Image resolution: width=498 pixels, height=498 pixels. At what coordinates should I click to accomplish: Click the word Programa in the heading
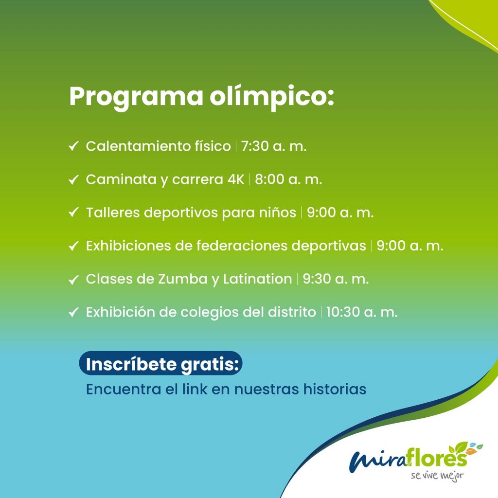tap(136, 97)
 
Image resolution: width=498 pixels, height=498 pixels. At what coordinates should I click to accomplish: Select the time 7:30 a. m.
tap(274, 146)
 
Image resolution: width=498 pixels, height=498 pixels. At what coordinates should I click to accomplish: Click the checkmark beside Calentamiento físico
tap(73, 146)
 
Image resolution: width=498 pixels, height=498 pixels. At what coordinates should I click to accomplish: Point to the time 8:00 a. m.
tap(288, 179)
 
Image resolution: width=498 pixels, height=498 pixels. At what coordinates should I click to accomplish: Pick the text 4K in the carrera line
tap(236, 179)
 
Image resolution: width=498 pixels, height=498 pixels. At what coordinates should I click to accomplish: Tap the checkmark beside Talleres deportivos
tap(73, 213)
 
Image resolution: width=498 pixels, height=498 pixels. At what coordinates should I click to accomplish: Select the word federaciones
tap(242, 246)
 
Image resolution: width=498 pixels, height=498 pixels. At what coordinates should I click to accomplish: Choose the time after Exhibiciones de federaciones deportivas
tap(409, 246)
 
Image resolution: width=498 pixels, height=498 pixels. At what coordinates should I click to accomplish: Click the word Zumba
tap(183, 279)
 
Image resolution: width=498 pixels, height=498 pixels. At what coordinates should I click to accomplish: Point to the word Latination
tap(257, 279)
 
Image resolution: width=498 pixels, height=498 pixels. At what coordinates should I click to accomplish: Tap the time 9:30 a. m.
tap(336, 279)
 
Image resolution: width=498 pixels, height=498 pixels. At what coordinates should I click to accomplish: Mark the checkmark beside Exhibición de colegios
tap(73, 312)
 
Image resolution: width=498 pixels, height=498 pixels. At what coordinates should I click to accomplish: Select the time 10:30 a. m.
tap(362, 312)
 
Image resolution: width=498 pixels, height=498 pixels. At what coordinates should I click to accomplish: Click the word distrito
tap(292, 312)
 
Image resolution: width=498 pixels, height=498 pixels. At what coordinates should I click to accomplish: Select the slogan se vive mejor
tap(437, 476)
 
